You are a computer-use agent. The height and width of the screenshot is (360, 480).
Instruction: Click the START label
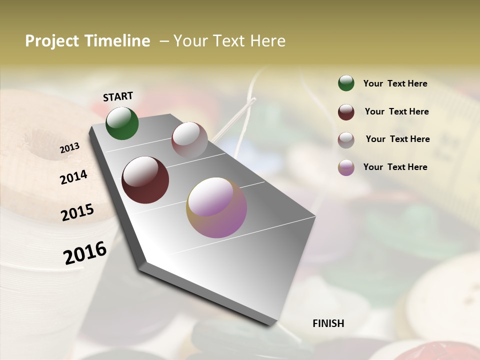(118, 96)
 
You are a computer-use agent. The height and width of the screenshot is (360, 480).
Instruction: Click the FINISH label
(328, 323)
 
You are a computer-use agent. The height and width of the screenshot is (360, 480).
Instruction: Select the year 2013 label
(69, 148)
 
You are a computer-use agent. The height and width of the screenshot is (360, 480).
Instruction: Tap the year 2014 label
(73, 177)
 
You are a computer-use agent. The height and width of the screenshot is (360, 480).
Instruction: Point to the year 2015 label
(77, 212)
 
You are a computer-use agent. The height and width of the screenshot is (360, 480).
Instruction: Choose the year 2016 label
(85, 252)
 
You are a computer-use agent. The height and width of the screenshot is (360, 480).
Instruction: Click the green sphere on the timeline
(122, 123)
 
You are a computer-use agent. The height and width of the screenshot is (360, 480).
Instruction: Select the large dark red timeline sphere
(145, 180)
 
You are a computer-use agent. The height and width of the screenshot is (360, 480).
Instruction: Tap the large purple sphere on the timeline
(216, 207)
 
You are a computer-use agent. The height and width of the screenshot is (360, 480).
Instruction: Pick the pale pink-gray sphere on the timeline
(189, 139)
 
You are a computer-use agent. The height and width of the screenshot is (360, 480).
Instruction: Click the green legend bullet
(346, 83)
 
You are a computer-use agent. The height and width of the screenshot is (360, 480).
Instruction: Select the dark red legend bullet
(346, 112)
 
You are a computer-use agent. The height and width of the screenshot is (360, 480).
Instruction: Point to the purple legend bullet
(346, 167)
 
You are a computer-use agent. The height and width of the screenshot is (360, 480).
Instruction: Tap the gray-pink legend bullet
(346, 140)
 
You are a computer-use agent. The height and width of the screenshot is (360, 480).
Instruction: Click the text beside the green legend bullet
(395, 83)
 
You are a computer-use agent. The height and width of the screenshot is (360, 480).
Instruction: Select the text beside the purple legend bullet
(395, 167)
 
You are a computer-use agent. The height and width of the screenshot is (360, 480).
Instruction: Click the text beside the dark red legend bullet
(396, 111)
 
